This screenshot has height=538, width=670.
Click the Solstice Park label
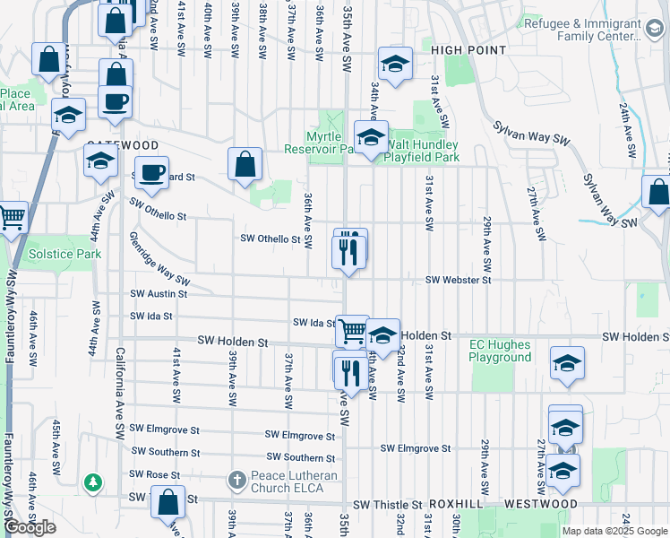64,254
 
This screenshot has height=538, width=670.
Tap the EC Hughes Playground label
501,351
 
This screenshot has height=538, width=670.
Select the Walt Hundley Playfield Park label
421,151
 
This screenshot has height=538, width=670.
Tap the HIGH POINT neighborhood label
468,50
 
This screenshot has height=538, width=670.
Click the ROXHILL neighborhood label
458,505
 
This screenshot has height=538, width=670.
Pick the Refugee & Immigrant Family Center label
596,30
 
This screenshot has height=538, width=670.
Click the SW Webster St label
459,281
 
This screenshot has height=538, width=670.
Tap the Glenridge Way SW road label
159,263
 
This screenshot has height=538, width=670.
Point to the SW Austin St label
159,293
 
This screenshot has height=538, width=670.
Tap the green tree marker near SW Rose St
93,483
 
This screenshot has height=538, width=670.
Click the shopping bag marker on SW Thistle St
167,501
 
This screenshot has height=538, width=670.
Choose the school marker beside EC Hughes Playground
566,363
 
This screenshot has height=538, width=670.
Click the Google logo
30,527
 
